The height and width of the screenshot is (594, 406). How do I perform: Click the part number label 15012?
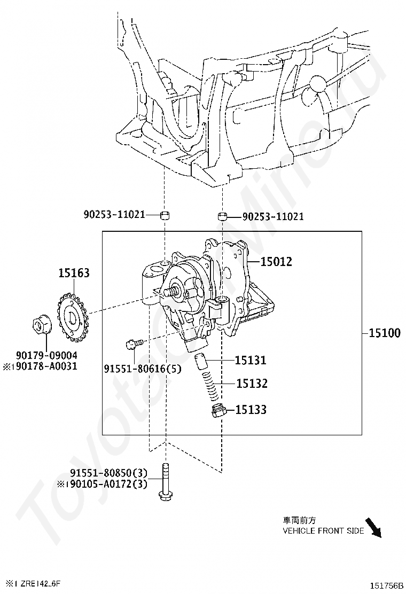[x=276, y=261]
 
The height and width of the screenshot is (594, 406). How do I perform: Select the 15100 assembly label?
[x=385, y=333]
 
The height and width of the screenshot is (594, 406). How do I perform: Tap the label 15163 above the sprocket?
[x=74, y=273]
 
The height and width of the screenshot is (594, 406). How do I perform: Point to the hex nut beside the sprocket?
[x=40, y=325]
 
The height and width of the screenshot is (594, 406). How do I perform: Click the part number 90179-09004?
[x=46, y=355]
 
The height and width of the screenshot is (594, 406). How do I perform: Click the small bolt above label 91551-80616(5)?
[x=134, y=343]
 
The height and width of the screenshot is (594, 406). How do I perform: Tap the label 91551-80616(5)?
[x=143, y=368]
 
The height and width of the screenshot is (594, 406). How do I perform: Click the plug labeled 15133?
[x=218, y=411]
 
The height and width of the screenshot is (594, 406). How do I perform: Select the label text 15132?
[x=252, y=384]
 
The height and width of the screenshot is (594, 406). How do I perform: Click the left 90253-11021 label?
[x=114, y=214]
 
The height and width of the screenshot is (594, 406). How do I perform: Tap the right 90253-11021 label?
[x=272, y=216]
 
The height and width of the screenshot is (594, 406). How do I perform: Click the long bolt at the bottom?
[x=165, y=482]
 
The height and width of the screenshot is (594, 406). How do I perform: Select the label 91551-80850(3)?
[x=108, y=473]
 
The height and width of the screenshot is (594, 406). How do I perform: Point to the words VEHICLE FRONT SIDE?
[x=323, y=531]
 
